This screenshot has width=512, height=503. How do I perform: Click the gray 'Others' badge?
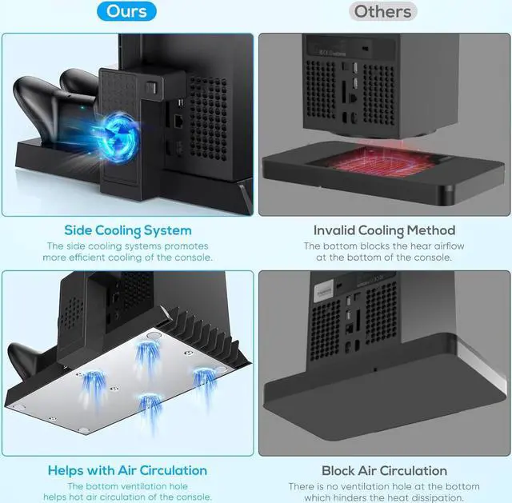(x=383, y=12)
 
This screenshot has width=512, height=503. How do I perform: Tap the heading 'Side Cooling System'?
(x=129, y=230)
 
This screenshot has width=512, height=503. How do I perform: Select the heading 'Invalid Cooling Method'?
(x=384, y=230)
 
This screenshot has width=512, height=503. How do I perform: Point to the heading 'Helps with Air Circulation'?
(x=127, y=470)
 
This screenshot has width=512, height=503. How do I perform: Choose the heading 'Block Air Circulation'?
(x=384, y=470)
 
